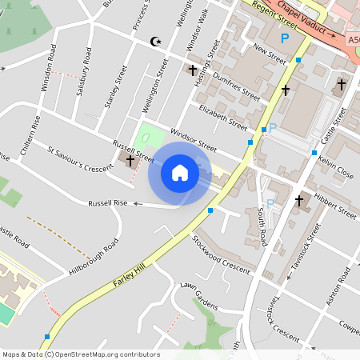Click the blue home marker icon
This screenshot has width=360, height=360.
[180, 173]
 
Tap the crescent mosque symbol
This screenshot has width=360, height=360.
[155, 41]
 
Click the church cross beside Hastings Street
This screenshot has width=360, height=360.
[192, 70]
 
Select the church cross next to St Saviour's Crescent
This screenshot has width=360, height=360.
[130, 161]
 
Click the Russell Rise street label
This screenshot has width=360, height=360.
[108, 203]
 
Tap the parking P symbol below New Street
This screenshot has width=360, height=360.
[283, 38]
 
